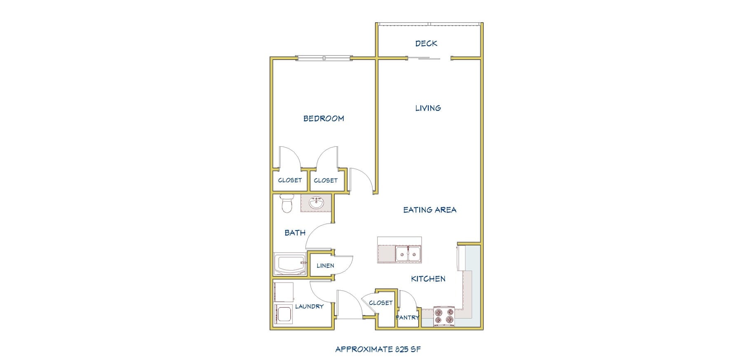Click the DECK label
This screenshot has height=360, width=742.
(x=426, y=43)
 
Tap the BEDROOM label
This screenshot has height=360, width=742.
(x=324, y=119)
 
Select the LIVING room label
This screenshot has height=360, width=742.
(x=428, y=108)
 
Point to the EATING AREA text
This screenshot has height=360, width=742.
(x=430, y=210)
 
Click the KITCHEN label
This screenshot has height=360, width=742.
(x=428, y=279)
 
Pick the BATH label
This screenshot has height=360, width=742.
(x=295, y=233)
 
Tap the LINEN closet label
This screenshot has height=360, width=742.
(x=325, y=266)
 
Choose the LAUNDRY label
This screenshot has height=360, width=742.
(x=309, y=306)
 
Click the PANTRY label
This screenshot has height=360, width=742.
(x=407, y=318)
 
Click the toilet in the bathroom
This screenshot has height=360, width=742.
(x=286, y=203)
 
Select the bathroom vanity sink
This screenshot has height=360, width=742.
(x=317, y=203)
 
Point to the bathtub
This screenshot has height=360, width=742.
(x=289, y=265)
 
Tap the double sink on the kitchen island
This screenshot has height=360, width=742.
(x=408, y=254)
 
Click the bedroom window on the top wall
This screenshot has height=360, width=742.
(x=324, y=58)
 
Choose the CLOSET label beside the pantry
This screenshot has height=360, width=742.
(x=380, y=303)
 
